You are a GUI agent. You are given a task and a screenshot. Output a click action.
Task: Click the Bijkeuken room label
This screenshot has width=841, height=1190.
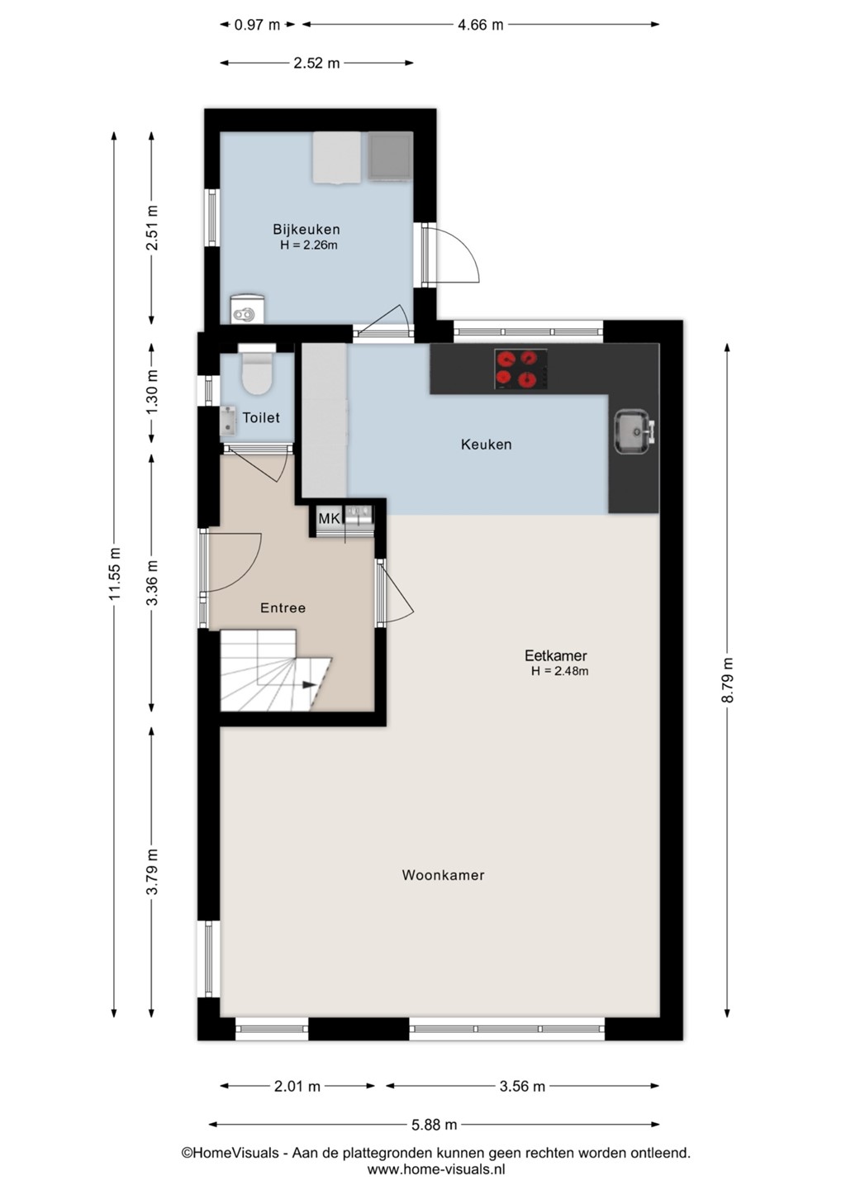306,230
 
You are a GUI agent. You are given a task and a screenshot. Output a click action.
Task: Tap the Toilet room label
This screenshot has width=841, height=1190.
261,417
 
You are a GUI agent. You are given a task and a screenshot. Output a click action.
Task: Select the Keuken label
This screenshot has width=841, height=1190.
486,444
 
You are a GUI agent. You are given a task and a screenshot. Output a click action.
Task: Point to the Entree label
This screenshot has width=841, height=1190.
283,607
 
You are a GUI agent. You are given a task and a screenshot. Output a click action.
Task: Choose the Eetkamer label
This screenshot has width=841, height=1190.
555,655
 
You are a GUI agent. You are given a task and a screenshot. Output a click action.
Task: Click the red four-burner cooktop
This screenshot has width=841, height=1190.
520,369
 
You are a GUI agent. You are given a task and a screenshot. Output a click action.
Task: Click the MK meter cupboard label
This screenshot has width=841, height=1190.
328,518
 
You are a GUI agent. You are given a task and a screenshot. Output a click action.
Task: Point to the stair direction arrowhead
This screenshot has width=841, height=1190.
309,685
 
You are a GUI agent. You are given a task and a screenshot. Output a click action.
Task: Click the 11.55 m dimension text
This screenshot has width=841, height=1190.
115,573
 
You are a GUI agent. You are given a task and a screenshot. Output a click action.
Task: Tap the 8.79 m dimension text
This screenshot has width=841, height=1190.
727,680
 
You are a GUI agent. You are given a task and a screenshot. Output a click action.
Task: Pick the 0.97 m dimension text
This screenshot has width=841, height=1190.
257,25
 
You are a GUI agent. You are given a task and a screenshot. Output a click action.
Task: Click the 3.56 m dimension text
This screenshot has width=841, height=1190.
522,1086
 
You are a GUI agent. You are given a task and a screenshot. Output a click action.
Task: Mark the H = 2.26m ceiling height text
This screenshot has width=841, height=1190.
309,245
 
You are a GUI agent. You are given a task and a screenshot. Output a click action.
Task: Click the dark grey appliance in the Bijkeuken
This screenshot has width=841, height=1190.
390,155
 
